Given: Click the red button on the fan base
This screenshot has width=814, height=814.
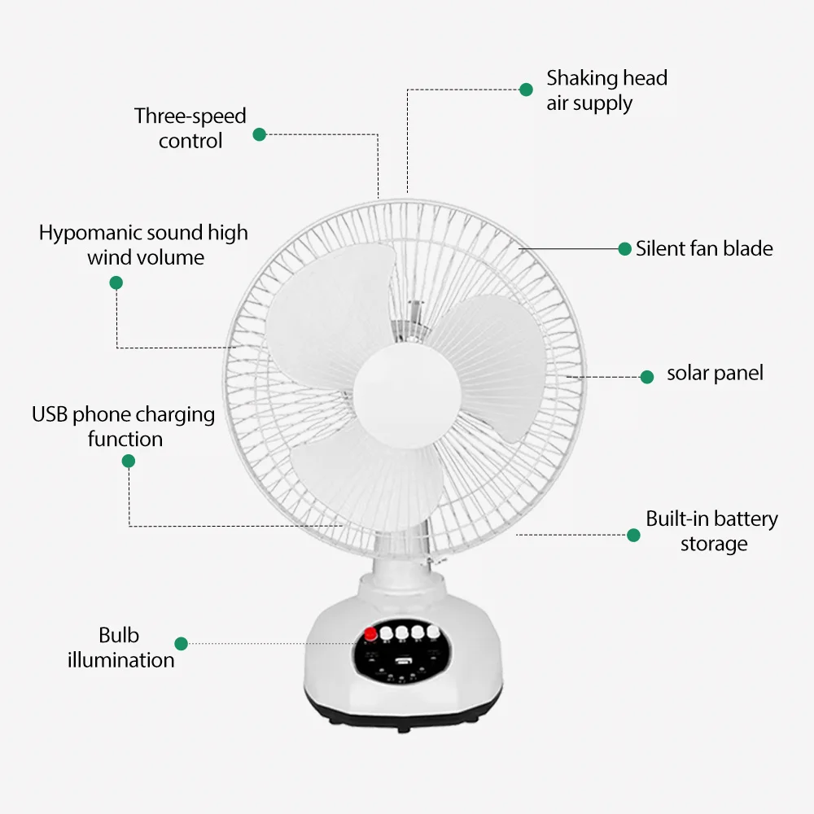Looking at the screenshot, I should [371, 634].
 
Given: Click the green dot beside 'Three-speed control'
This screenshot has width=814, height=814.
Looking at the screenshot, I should [259, 134].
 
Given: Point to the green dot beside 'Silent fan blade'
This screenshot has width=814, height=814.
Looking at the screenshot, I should [624, 248].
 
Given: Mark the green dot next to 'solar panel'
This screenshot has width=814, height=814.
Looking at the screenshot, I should [647, 377].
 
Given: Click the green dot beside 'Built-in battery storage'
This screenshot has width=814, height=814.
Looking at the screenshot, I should [633, 535].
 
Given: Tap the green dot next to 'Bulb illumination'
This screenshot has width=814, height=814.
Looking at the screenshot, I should [181, 643].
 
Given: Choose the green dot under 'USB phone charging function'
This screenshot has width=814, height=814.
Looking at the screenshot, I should [128, 461].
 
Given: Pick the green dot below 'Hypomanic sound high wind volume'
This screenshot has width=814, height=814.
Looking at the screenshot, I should [116, 282].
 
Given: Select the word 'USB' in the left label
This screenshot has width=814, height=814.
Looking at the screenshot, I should [50, 414].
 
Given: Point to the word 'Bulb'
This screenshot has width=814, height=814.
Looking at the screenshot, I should [119, 635].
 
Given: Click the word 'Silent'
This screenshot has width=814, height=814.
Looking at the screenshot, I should [660, 248].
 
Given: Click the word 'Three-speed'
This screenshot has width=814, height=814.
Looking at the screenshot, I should [190, 116].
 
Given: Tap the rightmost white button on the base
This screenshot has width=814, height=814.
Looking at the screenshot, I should [434, 631].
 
